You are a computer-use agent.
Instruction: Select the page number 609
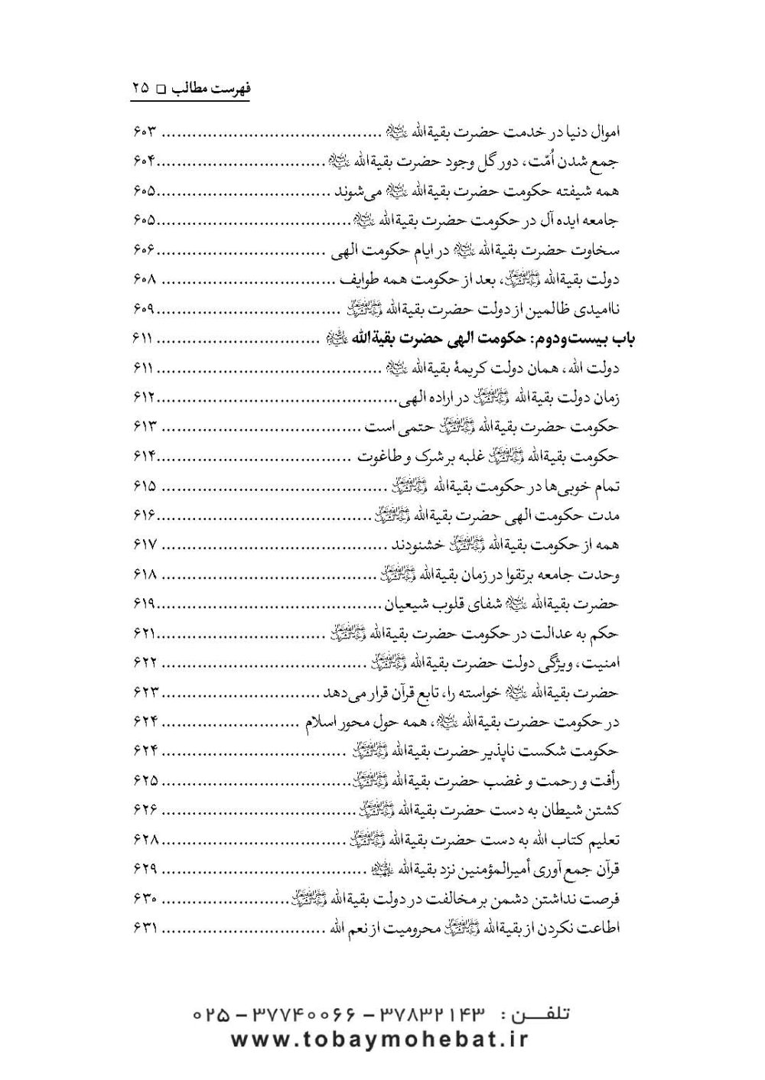(x=144, y=310)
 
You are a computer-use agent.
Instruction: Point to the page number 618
(x=144, y=574)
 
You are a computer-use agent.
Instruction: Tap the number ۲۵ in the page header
(x=140, y=88)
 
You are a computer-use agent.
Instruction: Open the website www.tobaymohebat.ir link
(x=379, y=1039)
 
